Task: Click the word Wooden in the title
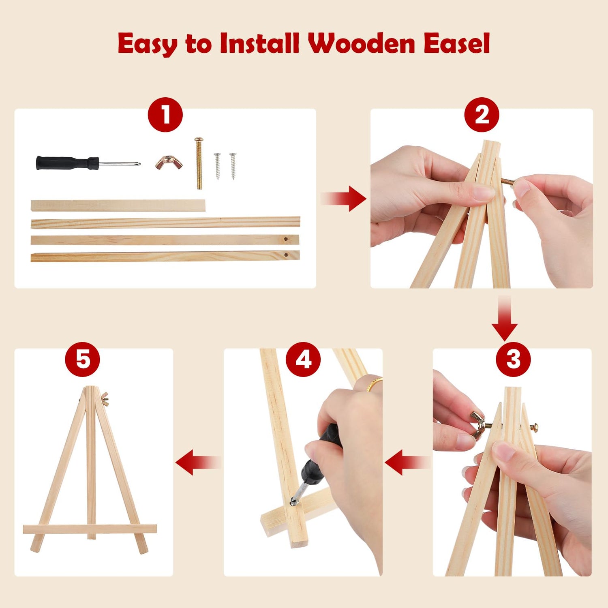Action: pos(361,43)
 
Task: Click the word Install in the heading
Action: pos(259,43)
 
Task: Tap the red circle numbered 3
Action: pos(513,359)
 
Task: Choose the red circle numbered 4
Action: pos(303,359)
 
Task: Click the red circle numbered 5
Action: pos(83,359)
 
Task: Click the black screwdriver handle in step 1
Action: pos(67,163)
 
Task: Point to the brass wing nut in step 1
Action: pos(169,163)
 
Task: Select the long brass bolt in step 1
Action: pos(199,163)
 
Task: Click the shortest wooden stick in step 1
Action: pos(118,206)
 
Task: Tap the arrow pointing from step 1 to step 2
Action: pos(343,199)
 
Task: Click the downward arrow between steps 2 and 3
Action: pos(505,318)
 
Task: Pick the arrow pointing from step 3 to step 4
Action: pos(408,462)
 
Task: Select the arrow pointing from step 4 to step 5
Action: pos(198,462)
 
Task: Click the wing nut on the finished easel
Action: pos(105,399)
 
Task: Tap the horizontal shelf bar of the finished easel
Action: pos(90,529)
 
